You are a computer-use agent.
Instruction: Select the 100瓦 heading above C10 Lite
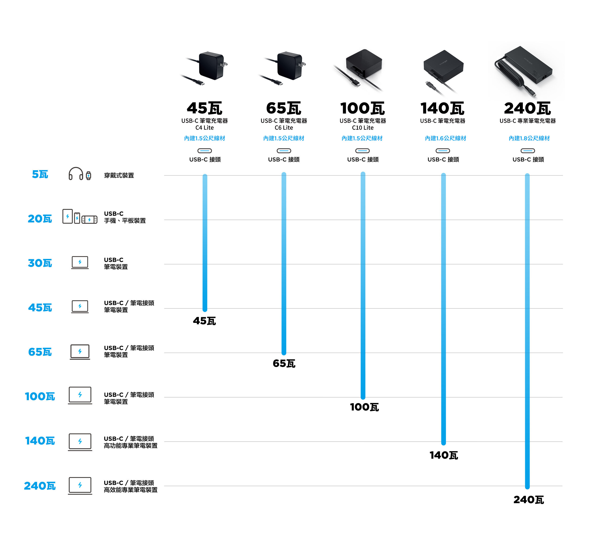coord(362,108)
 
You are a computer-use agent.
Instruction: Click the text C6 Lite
coord(284,127)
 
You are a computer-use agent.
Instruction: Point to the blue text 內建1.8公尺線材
coord(529,138)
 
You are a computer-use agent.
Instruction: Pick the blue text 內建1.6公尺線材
coord(445,138)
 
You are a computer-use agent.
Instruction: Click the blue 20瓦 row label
coord(40,219)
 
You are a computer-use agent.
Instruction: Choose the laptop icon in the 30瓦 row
coord(80,262)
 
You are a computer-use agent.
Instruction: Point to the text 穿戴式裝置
coord(119,175)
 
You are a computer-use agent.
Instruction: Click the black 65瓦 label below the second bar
coord(284,363)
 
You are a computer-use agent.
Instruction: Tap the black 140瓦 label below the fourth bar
coord(443,455)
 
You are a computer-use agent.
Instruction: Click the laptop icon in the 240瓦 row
coord(80,486)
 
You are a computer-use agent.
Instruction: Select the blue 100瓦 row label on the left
coord(40,396)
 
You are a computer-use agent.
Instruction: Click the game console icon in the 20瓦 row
coord(89,220)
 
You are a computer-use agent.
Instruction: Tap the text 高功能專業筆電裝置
coord(131,446)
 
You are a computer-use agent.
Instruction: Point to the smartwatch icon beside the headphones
coord(89,176)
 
